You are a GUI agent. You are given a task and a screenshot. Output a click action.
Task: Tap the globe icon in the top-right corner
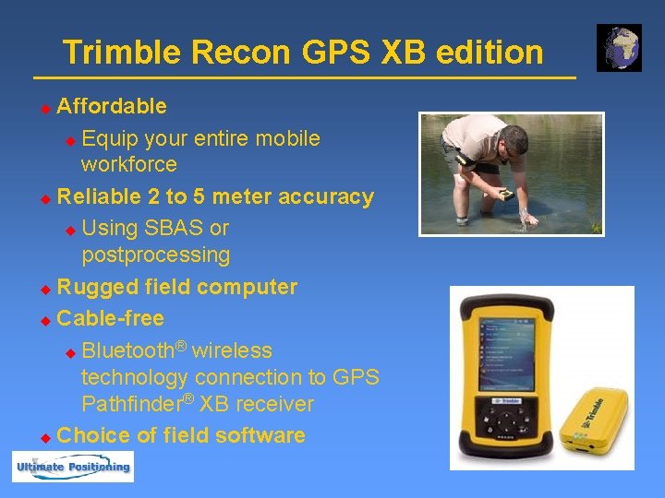coord(619,48)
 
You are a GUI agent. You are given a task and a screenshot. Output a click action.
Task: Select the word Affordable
coord(112,106)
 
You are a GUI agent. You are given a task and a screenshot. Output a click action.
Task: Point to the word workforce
coord(128,165)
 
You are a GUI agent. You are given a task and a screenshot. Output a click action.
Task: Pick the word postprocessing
coord(155,255)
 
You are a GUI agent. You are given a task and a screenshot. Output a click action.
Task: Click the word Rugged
coord(92,288)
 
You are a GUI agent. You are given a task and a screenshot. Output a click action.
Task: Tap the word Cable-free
coord(110,319)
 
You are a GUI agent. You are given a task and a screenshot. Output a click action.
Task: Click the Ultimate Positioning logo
coord(72,467)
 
